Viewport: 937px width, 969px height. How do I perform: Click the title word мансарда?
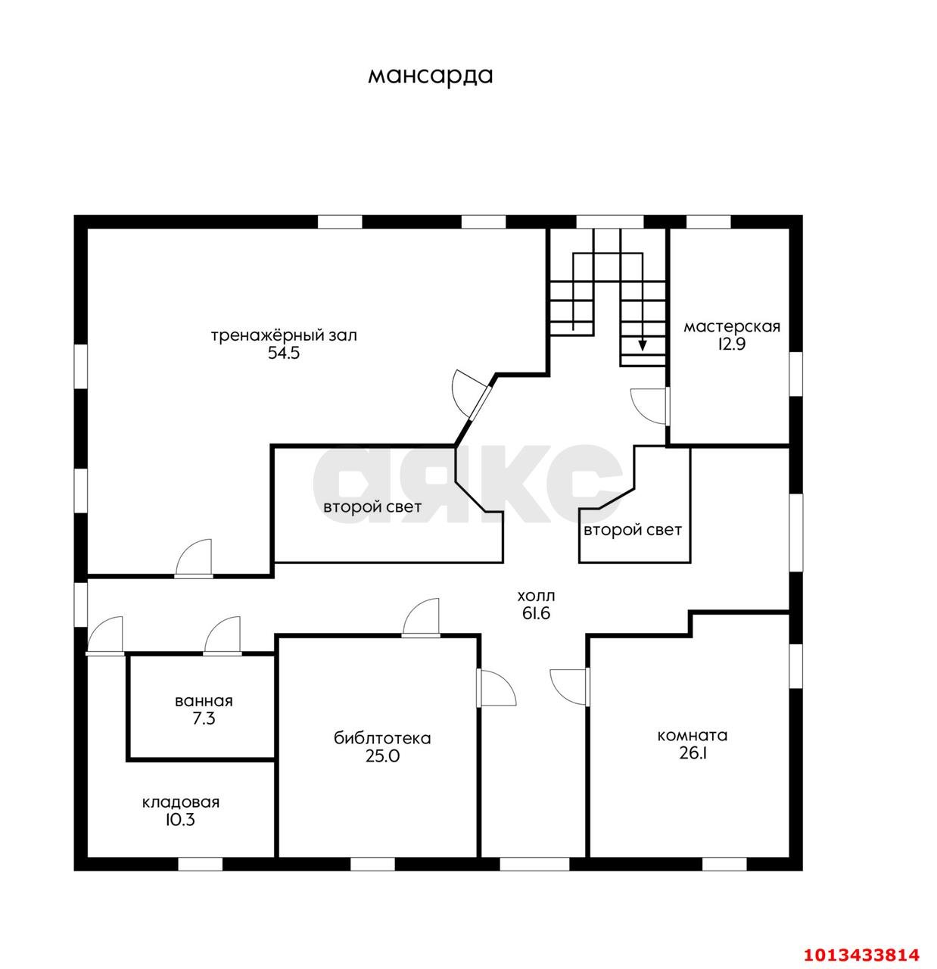430,76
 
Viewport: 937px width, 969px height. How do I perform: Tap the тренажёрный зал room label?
284,335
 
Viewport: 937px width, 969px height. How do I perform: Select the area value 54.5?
284,353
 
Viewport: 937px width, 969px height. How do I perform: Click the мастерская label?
731,326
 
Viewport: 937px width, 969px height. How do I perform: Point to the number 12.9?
731,344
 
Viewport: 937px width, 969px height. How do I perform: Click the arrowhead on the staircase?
643,345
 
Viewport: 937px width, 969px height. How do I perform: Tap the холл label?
536,596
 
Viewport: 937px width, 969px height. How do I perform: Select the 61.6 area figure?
536,613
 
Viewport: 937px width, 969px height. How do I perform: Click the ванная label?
204,701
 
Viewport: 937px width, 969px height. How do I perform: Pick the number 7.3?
204,719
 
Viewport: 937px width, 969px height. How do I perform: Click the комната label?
692,735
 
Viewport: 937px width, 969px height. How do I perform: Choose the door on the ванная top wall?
223,635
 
